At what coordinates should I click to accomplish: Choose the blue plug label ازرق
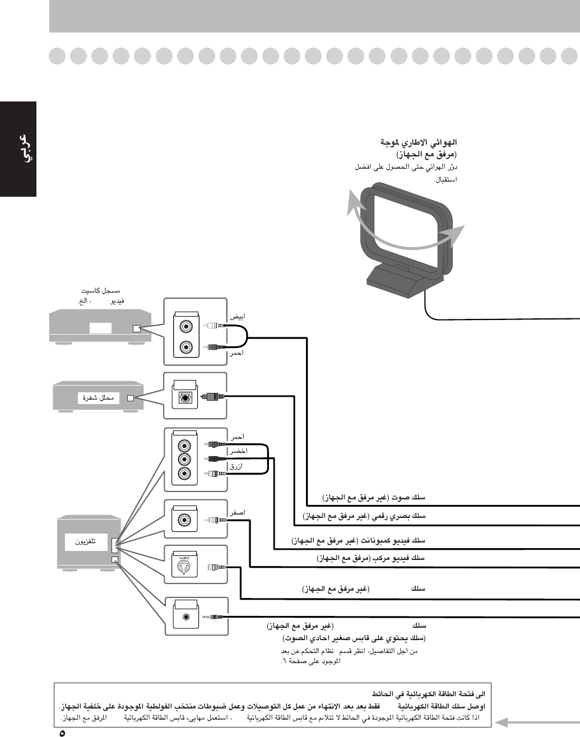tap(236, 466)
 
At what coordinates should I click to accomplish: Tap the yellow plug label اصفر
tap(236, 512)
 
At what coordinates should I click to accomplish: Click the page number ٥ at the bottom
tap(62, 732)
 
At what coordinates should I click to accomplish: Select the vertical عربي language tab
tap(18, 149)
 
